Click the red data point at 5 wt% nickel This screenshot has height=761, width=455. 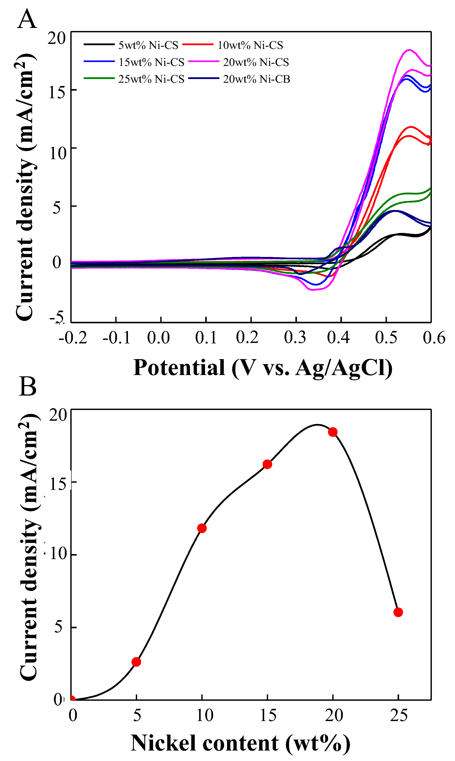pos(136,662)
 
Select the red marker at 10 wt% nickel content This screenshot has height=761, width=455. pos(202,528)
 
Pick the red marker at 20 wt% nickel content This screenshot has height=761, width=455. pos(333,432)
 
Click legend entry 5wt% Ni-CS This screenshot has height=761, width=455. pos(148,45)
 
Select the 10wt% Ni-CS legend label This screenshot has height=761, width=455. pos(250,45)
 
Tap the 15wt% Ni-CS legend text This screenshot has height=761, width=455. pos(151,62)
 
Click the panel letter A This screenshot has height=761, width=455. pos(27,19)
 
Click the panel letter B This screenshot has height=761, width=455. pos(28,387)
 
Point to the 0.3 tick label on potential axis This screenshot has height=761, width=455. pos(295,338)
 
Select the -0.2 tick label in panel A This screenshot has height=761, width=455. pos(73,338)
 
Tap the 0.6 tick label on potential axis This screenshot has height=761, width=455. pos(434,338)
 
